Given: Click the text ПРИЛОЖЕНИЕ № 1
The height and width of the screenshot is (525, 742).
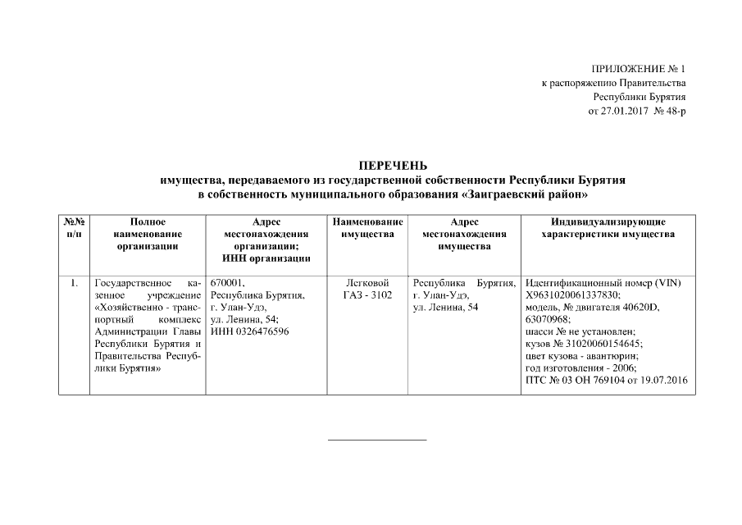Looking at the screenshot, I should (x=637, y=69).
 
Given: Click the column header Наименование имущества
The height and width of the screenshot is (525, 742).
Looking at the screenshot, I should (x=367, y=228).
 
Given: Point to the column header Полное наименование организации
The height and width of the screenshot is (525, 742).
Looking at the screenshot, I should (x=148, y=234).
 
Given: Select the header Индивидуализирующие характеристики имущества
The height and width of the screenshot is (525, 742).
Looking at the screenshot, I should (x=608, y=228).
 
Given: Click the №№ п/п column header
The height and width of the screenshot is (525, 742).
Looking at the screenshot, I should (x=74, y=228).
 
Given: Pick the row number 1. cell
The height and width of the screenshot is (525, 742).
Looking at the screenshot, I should (x=74, y=284).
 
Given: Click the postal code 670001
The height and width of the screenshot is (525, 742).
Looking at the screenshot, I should (x=227, y=284).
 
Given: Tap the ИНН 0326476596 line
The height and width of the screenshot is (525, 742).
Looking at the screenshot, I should (x=250, y=331).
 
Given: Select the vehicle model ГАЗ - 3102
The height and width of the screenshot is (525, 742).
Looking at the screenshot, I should (x=367, y=295).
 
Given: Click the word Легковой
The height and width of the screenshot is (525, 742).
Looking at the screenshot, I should (x=367, y=284).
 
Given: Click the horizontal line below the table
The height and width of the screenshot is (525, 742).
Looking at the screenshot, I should (x=377, y=440).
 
